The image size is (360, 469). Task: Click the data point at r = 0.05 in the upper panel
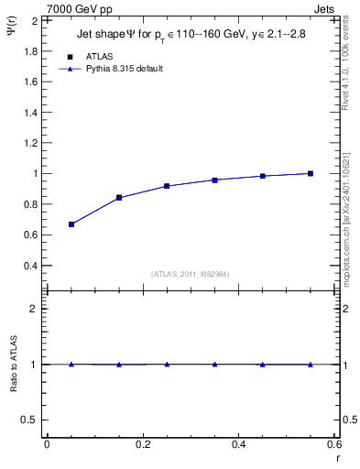(71, 224)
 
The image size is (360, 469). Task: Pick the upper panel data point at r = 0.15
(119, 197)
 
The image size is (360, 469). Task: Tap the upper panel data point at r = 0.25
(167, 185)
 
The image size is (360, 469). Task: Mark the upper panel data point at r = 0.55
(311, 173)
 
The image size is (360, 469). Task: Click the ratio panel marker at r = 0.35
(214, 364)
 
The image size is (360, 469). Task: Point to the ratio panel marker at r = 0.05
(71, 364)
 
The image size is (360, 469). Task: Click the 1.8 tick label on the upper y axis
(30, 50)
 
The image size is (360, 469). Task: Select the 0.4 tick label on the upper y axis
(30, 266)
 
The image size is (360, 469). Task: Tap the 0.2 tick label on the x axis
(142, 444)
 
